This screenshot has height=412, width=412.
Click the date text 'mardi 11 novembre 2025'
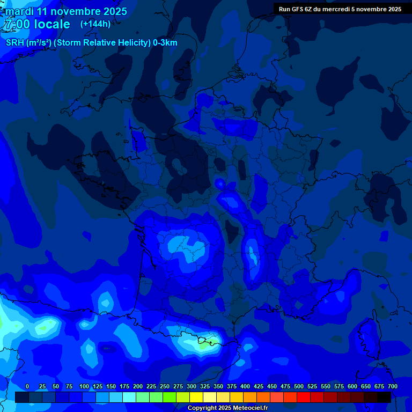(66, 11)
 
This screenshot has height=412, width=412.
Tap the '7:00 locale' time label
(36, 24)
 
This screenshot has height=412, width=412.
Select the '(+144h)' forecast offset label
(95, 24)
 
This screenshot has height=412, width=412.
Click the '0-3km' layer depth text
(165, 43)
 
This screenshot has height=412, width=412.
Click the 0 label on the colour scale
(27, 386)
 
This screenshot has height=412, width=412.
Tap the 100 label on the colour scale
(84, 386)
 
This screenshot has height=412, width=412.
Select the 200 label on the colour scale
(138, 386)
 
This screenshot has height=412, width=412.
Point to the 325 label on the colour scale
(205, 386)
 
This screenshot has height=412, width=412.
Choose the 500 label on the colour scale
(299, 386)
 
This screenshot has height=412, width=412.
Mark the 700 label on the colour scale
(393, 386)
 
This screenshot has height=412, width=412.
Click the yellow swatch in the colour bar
(196, 397)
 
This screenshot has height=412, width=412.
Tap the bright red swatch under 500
(304, 397)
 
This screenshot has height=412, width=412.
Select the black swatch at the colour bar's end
(384, 397)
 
